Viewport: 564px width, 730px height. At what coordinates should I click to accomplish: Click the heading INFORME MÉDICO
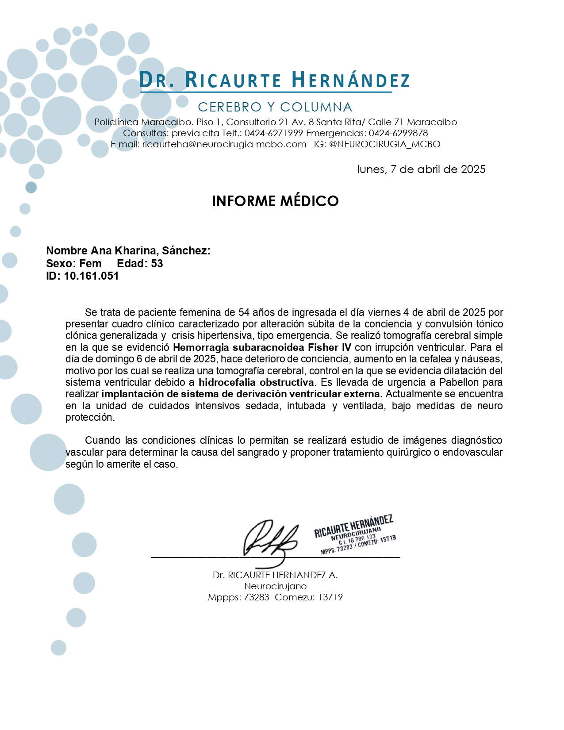[275, 201]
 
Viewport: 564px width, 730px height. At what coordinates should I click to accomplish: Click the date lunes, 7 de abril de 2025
[421, 169]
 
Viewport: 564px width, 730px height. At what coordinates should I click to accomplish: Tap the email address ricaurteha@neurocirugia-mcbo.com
[224, 144]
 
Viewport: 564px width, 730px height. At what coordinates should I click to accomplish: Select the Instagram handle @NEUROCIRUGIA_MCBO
[385, 144]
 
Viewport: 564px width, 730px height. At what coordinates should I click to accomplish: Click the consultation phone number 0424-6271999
[273, 133]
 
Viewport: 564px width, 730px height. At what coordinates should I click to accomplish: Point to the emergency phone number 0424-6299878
[398, 133]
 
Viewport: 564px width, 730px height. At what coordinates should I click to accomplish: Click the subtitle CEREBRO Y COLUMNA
[275, 107]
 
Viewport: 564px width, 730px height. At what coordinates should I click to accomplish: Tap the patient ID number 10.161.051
[91, 276]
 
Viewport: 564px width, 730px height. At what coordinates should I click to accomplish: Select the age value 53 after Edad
[157, 264]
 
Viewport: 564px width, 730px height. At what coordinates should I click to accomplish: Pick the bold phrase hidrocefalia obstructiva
[256, 382]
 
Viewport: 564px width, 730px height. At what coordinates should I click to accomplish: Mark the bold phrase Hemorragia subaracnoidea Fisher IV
[262, 347]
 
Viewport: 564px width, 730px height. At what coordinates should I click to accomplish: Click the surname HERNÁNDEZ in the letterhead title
[350, 81]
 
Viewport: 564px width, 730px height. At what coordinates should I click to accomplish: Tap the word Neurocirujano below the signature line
[275, 586]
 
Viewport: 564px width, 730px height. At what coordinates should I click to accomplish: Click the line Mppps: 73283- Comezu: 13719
[275, 597]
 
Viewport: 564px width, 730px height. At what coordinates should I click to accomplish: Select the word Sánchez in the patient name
[186, 251]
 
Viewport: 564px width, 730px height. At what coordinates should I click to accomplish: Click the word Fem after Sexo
[90, 264]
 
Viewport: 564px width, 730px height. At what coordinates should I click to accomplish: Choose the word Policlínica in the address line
[116, 122]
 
